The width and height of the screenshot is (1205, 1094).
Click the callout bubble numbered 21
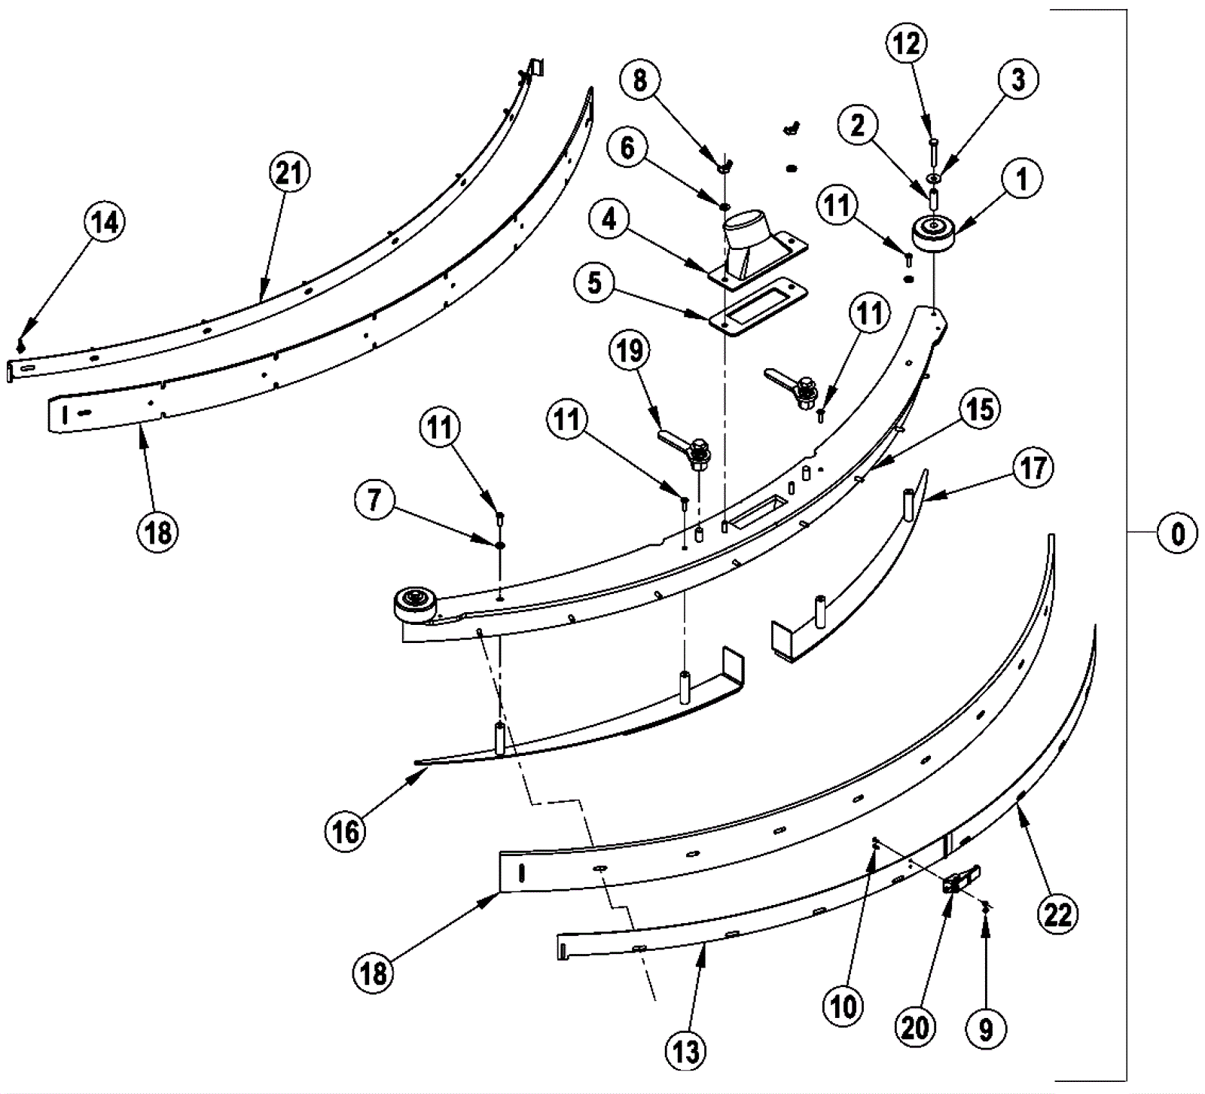pos(289,173)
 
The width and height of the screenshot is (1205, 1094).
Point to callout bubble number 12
pos(907,44)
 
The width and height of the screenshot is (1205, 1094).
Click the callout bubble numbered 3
pos(1018,79)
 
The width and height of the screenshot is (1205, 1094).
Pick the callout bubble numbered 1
pos(1021,179)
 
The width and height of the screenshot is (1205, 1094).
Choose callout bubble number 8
pos(639,80)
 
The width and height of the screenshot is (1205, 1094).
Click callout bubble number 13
pos(686,1051)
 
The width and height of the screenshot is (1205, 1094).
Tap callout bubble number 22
pos(1057,915)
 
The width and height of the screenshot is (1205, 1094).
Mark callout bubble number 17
pos(1033,468)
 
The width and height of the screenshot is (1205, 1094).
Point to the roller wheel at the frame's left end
pos(413,604)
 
